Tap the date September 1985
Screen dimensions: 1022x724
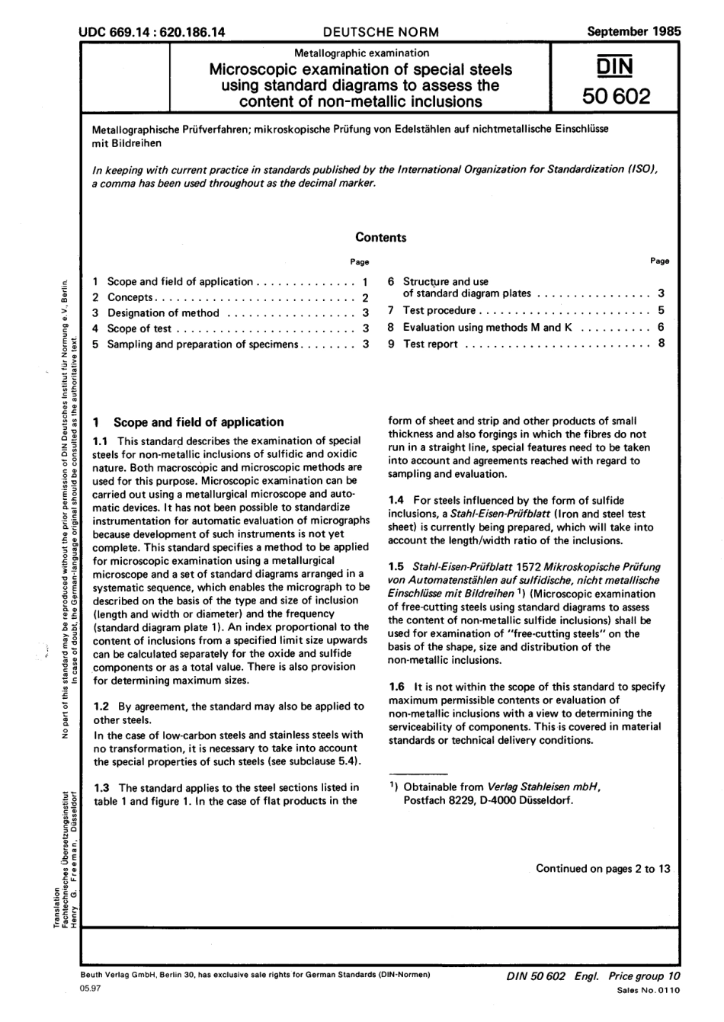coord(634,31)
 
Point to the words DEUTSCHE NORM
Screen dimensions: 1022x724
coord(381,32)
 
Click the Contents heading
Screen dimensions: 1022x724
coord(381,237)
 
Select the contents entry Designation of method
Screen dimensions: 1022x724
coord(163,313)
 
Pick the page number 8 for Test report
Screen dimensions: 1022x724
coord(662,343)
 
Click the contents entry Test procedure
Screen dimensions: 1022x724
coord(439,311)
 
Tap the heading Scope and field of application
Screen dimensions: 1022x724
coord(198,422)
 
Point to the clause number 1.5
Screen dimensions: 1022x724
coord(397,567)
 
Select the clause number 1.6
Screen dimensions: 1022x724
coord(397,687)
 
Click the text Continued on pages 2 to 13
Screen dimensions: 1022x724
coord(603,868)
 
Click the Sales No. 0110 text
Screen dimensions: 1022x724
coord(647,990)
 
